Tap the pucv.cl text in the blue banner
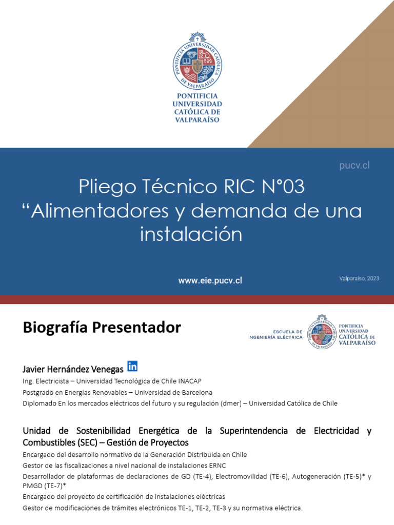(x=354, y=166)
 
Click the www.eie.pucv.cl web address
(x=210, y=280)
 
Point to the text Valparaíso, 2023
(x=359, y=278)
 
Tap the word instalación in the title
(x=191, y=234)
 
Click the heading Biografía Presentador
(x=102, y=328)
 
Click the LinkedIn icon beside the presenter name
(x=132, y=366)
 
